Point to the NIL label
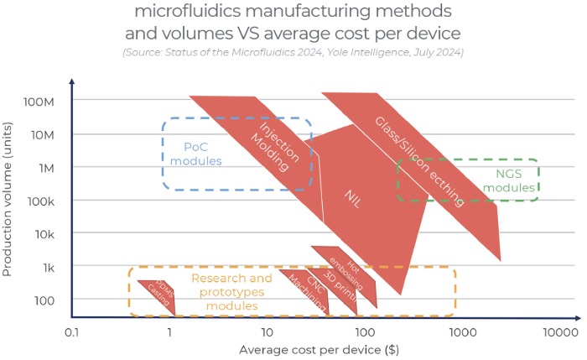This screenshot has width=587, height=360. pyautogui.click(x=353, y=200)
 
